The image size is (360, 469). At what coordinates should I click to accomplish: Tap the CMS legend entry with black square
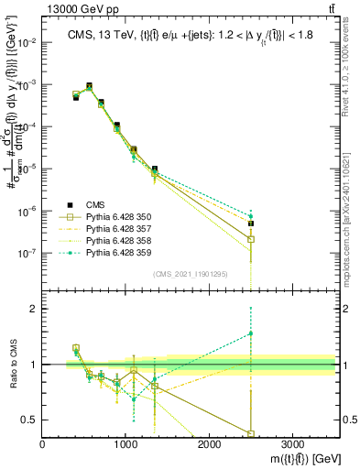click(x=82, y=204)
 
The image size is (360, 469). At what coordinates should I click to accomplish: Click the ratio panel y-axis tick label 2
click(x=32, y=309)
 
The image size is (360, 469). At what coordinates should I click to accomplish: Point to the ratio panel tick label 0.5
click(x=28, y=420)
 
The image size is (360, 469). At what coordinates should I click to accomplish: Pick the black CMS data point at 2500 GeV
click(x=251, y=223)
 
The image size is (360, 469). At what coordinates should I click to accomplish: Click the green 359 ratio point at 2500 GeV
click(x=251, y=333)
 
